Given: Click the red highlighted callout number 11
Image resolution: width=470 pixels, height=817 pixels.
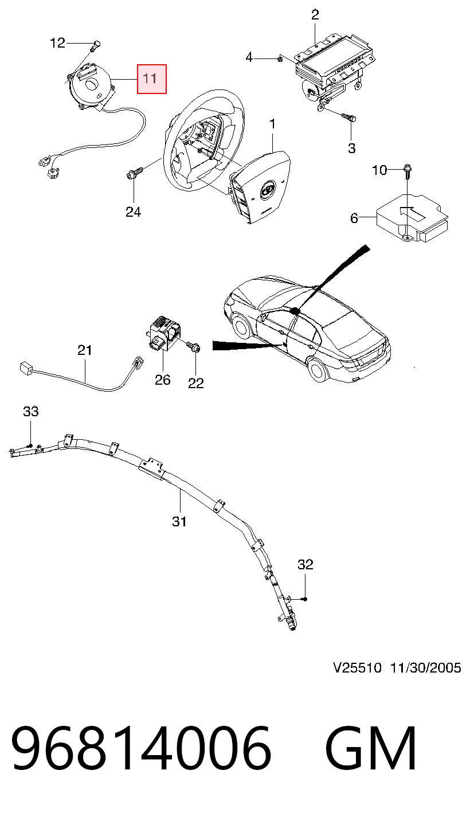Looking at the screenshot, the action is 152,79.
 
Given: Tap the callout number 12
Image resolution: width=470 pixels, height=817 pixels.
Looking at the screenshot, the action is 57,43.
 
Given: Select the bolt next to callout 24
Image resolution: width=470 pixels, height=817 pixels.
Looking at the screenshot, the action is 135,173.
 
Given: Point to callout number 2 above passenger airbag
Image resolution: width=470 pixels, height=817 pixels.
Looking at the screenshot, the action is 315,15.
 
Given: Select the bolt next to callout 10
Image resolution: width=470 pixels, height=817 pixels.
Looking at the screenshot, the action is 406,172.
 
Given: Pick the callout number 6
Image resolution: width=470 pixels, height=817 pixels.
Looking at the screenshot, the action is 354,218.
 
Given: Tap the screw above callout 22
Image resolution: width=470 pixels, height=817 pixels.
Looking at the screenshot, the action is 193,347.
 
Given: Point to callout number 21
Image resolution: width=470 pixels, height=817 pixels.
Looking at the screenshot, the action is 85,350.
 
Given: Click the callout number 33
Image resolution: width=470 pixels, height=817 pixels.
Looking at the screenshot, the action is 30,412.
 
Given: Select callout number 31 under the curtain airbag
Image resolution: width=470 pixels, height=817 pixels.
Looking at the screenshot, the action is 179,522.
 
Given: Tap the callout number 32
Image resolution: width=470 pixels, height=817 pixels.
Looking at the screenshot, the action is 305,565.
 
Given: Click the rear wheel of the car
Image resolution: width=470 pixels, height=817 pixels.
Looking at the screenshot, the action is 316,369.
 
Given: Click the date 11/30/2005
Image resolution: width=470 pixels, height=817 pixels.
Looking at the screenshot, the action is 426,668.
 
